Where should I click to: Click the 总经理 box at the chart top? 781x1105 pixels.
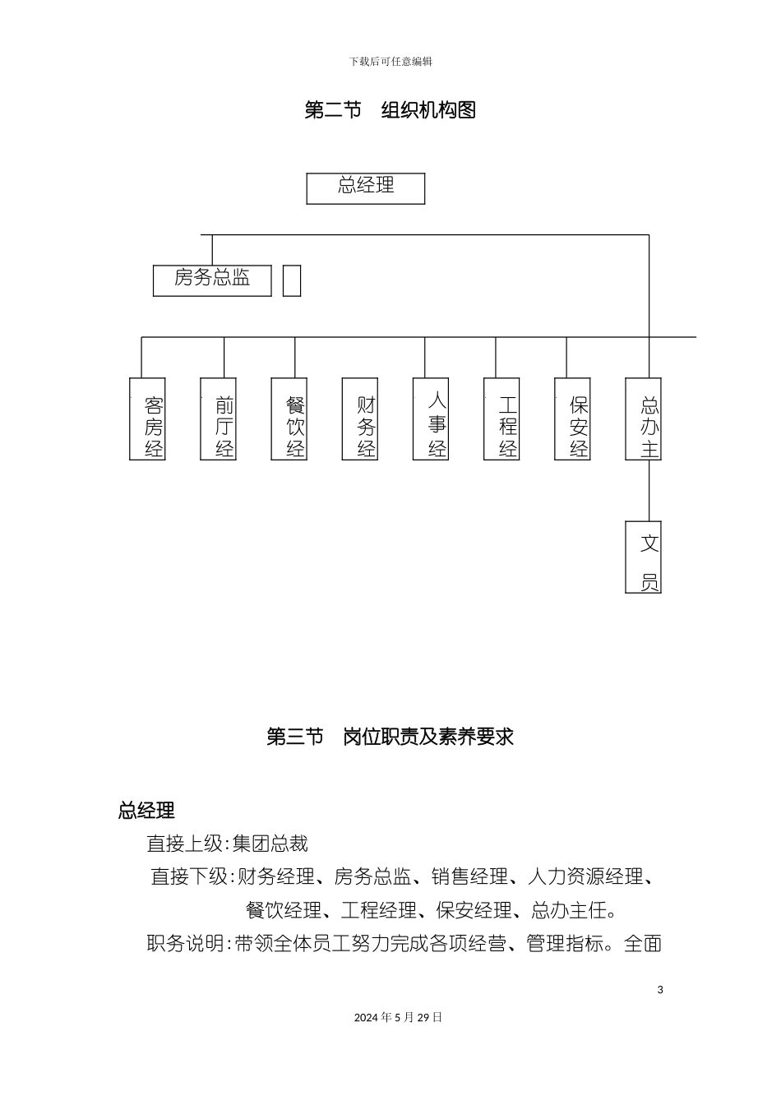(366, 188)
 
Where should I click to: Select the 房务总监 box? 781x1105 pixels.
(212, 280)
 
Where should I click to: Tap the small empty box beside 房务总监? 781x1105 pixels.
(292, 280)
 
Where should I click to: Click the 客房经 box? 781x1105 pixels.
(148, 418)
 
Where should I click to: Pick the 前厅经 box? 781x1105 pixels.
(219, 418)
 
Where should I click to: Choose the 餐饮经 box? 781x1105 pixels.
(289, 418)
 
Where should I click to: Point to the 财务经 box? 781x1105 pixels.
(360, 418)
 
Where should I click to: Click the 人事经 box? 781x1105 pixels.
(431, 418)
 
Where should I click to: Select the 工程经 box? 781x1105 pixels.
(501, 418)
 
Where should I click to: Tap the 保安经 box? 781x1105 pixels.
(572, 418)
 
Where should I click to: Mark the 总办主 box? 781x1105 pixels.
(643, 418)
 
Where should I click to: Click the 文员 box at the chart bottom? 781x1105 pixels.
(643, 557)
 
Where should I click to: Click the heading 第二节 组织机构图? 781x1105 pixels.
(390, 110)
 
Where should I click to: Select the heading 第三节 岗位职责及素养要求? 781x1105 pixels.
(390, 737)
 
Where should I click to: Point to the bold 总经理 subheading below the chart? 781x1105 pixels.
(146, 811)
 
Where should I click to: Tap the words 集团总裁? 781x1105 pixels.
(270, 844)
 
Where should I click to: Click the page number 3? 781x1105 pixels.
(660, 989)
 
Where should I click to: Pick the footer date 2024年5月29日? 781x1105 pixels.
(399, 1017)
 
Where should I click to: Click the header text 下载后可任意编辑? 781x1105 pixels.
(390, 62)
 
